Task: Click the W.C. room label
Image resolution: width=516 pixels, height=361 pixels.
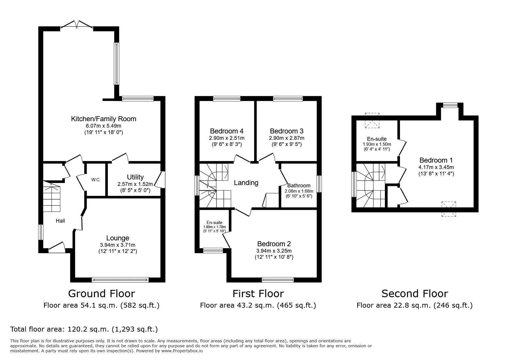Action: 96,180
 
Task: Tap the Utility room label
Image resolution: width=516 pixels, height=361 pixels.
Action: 135,177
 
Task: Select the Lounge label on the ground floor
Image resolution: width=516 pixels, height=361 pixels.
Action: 118,238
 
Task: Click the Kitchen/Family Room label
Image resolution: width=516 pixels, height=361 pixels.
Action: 104,119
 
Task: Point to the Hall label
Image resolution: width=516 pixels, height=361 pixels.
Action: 60,221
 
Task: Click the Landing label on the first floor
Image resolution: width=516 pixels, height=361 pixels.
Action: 246,183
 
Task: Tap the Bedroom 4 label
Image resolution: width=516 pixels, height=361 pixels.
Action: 227,131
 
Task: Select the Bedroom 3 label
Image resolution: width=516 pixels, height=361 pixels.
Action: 287,131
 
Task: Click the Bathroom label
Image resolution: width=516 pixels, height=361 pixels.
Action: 299,186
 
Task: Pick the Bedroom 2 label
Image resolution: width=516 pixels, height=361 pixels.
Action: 274,244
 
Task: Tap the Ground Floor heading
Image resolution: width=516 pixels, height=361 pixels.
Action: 101,293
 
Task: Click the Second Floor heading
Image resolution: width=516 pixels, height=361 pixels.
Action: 415,293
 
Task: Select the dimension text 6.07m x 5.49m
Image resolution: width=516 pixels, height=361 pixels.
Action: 104,126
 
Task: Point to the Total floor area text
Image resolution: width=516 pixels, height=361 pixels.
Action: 84,330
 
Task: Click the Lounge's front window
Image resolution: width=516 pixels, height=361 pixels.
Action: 120,280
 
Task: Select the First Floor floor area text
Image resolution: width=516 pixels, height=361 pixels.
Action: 258,305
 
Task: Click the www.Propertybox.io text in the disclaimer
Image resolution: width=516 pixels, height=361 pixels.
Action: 182,351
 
